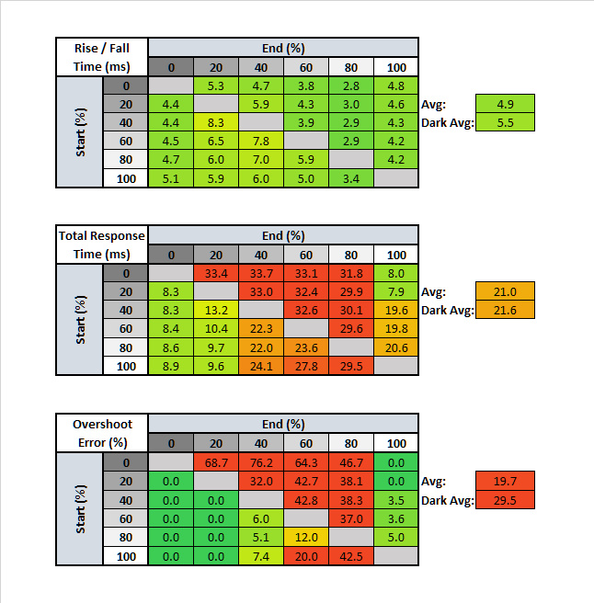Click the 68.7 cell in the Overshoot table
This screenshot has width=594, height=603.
216,463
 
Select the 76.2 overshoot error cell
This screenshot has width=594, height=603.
261,463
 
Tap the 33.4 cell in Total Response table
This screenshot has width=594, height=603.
216,274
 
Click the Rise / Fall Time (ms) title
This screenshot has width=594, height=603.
102,57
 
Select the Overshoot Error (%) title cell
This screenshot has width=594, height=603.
102,435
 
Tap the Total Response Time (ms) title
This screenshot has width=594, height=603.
102,245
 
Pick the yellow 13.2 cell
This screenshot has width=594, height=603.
216,312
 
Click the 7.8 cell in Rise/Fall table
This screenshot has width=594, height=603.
261,141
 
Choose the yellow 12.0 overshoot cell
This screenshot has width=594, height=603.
306,538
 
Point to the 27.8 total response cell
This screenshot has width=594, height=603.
306,367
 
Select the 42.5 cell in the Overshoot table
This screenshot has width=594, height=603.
351,556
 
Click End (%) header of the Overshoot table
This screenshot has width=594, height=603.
283,425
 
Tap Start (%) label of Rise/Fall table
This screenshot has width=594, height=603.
81,131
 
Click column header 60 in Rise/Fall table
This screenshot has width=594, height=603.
306,66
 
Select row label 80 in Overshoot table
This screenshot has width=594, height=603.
126,538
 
